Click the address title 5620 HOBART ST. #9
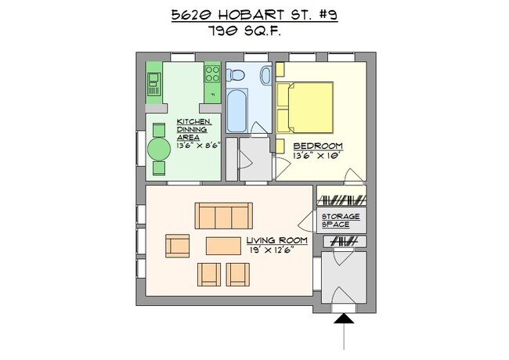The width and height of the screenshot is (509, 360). [254, 15]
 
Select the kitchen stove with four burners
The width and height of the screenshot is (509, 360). [212, 74]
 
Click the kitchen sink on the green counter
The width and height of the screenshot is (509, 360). [153, 83]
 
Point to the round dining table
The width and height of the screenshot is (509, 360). [159, 148]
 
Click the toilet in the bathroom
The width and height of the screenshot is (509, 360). [236, 75]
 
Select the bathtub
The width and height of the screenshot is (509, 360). [238, 110]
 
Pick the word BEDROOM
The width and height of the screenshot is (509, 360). [317, 146]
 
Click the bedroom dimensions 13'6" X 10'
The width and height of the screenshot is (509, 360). [318, 155]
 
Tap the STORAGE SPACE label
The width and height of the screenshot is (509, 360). [341, 221]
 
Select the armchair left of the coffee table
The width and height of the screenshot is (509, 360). [178, 246]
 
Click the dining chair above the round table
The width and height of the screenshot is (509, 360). [159, 129]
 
